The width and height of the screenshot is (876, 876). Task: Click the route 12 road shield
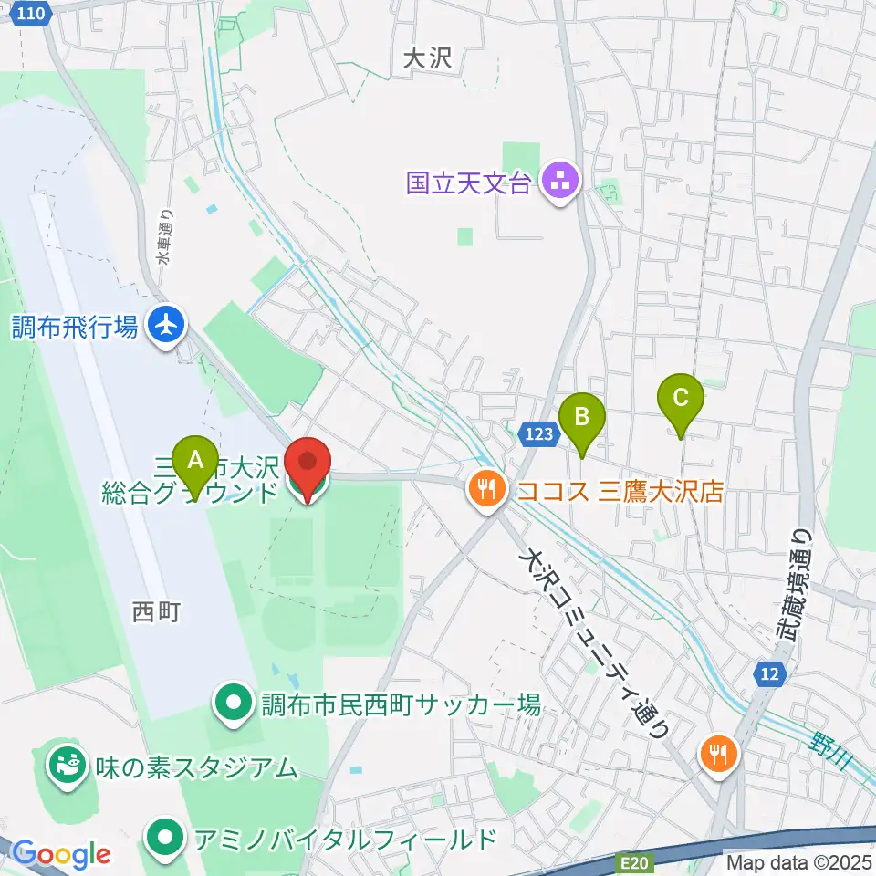click(768, 674)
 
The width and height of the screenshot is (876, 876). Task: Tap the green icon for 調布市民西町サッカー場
click(233, 703)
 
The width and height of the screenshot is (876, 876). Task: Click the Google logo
click(60, 853)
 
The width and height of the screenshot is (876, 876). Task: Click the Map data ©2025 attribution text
click(798, 861)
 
